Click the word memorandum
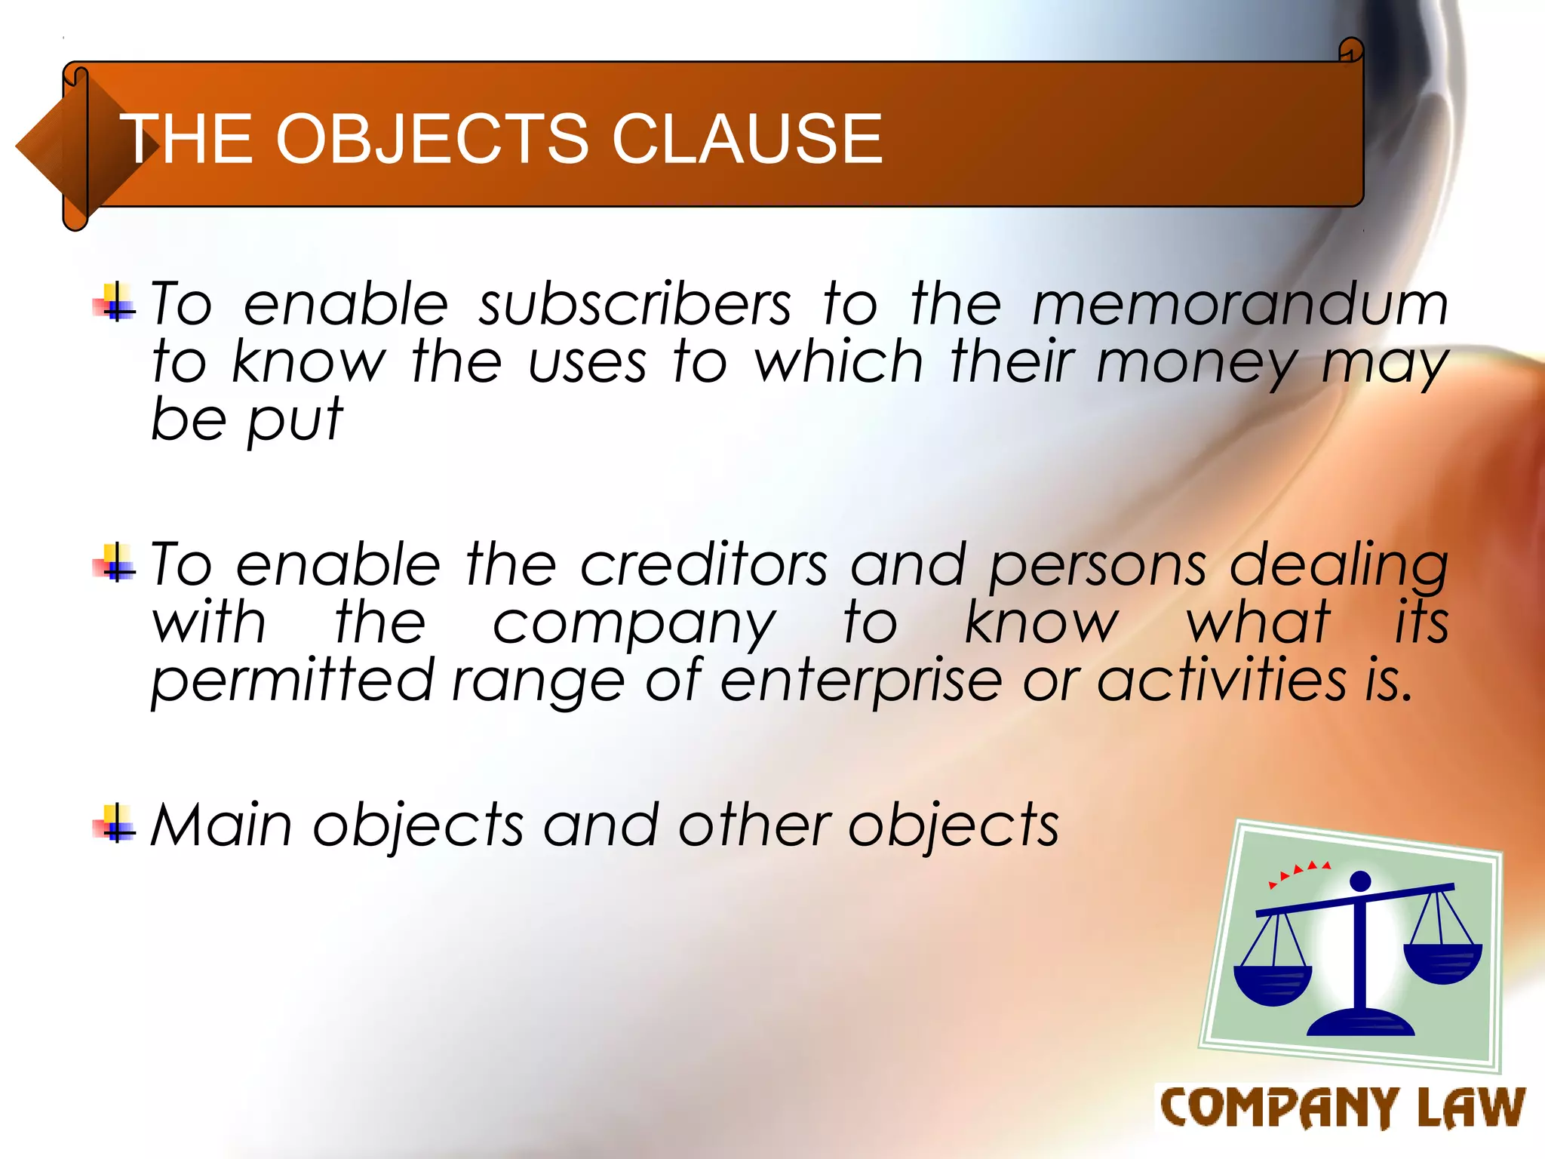pos(1239,304)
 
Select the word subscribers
pos(635,304)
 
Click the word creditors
pos(704,565)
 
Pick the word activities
pos(1221,681)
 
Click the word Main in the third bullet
pos(221,825)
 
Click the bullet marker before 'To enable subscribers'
pos(115,302)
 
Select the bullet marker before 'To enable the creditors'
pos(115,563)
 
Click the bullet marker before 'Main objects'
pos(115,824)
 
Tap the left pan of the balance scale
pos(1273,984)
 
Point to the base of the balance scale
pos(1360,1023)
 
